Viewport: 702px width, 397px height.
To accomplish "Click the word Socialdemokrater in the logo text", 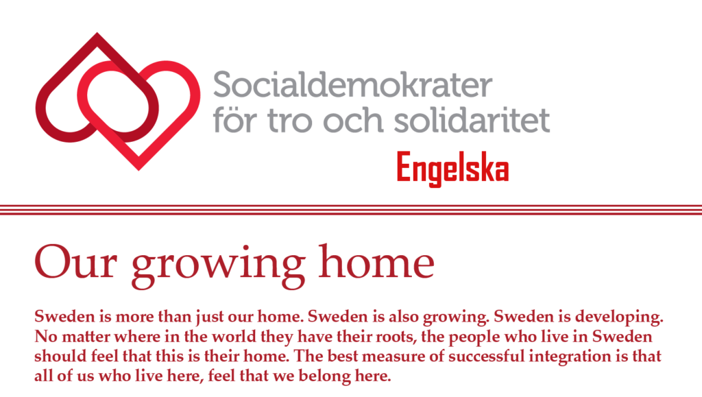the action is point(352,84).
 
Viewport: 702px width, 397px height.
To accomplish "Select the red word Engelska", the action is point(452,169).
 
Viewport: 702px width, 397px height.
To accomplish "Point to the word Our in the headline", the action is point(75,262).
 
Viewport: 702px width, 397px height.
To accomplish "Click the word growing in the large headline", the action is point(219,266).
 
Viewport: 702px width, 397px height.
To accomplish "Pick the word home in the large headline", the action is point(376,261).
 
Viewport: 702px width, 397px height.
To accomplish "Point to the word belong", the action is point(324,376).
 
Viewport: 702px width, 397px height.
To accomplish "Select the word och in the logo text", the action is point(353,120).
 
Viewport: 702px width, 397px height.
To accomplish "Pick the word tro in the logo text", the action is point(290,121).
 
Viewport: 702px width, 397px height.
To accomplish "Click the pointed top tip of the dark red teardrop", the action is point(97,33).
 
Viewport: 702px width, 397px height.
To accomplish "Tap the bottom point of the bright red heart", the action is point(138,170).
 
